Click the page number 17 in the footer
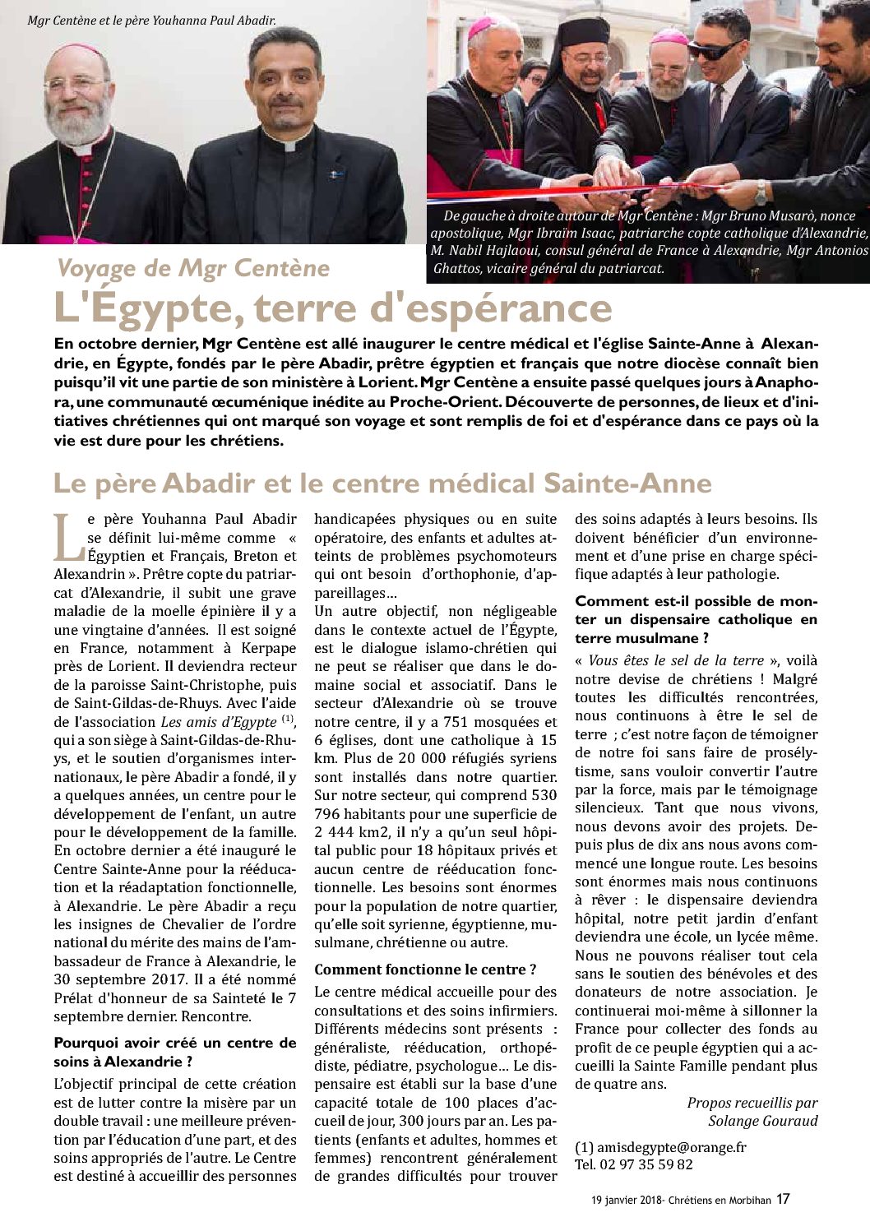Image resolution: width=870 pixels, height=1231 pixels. [783, 1199]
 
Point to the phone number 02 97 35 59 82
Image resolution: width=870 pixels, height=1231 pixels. [646, 1164]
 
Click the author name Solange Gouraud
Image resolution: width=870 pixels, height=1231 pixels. [762, 1121]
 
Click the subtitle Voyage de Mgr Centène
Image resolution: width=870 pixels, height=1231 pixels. [193, 268]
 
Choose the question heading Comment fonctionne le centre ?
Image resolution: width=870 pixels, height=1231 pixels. [425, 970]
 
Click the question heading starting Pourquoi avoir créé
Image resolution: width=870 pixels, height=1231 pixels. [174, 1052]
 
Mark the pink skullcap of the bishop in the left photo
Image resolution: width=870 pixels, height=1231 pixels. [79, 50]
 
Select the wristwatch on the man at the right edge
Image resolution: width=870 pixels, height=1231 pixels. [761, 194]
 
